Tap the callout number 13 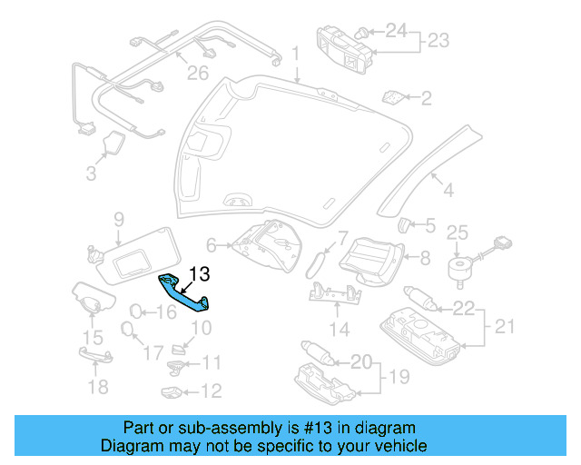[x=200, y=272]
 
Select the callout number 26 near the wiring [x=198, y=73]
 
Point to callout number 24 [x=396, y=30]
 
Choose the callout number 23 [x=438, y=40]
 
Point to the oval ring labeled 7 [x=318, y=262]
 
